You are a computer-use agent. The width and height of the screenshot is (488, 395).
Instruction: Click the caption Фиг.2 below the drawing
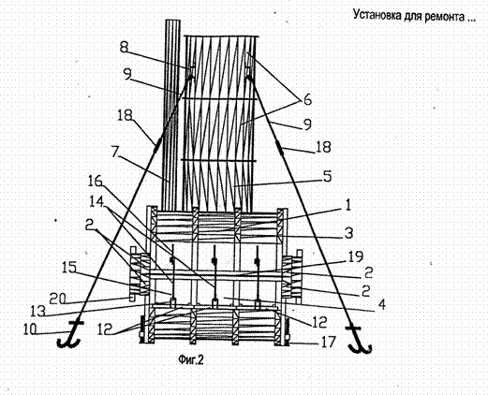click(x=190, y=360)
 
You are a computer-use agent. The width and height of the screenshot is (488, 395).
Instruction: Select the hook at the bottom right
click(x=359, y=340)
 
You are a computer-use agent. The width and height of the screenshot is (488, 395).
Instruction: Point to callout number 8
click(x=124, y=48)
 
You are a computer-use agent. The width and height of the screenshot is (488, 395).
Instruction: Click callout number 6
click(x=307, y=100)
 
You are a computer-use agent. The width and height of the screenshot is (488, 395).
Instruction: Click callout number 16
click(x=95, y=181)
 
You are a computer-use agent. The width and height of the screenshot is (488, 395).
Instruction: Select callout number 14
click(x=96, y=201)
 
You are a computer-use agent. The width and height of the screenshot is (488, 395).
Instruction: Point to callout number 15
click(x=69, y=267)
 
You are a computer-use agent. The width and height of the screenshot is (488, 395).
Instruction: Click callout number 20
click(x=57, y=299)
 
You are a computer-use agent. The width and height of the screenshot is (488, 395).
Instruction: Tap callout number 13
click(x=38, y=311)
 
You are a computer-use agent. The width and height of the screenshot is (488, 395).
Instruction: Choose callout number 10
click(x=30, y=329)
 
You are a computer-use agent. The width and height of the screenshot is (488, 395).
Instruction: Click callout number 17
click(x=328, y=342)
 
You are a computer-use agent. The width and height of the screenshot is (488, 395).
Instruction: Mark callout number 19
click(x=356, y=256)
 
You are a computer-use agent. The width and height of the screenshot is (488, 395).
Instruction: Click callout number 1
click(x=348, y=206)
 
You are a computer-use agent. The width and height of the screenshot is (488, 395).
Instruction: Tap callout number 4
click(x=381, y=305)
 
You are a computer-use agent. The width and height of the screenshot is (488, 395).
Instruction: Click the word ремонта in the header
click(x=445, y=15)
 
